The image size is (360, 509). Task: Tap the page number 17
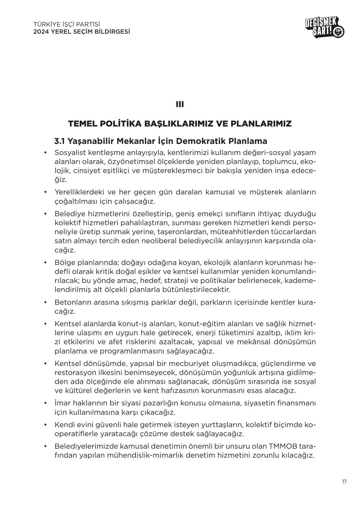[344, 482]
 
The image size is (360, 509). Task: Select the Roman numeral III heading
[180, 104]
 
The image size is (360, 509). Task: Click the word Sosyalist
[71, 153]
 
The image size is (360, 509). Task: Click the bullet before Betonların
[45, 302]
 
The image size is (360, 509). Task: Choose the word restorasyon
[75, 372]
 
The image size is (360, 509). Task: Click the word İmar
[62, 403]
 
